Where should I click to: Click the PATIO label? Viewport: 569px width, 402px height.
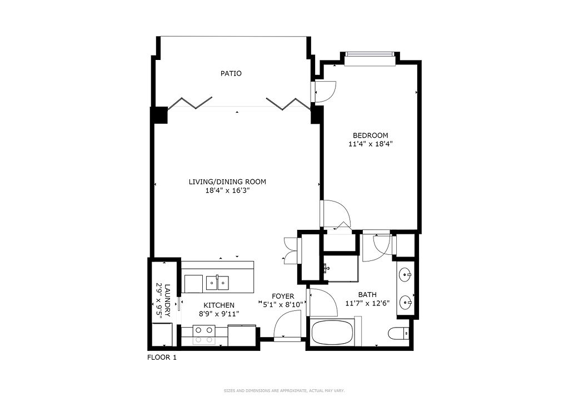231,73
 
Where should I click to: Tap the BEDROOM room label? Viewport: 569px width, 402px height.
371,135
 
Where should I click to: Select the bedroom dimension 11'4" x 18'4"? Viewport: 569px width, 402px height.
371,144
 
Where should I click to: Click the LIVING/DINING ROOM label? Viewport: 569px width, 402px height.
227,182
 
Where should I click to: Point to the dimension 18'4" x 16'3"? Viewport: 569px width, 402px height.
227,190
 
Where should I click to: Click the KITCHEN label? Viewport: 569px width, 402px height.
219,305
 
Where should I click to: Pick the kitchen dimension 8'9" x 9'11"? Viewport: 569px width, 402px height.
219,314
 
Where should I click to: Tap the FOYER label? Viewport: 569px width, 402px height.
283,297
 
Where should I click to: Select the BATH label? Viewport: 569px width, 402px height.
367,295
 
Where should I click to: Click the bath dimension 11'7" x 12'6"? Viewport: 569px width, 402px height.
367,303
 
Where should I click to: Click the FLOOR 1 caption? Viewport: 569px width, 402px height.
162,358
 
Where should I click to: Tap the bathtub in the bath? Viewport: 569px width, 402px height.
332,333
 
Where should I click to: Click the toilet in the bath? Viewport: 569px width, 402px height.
398,333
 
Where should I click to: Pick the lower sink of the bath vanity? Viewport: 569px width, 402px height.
405,302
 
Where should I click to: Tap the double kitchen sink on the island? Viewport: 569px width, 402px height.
217,283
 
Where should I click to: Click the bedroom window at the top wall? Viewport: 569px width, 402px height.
370,59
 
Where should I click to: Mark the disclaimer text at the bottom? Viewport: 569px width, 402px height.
284,391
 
